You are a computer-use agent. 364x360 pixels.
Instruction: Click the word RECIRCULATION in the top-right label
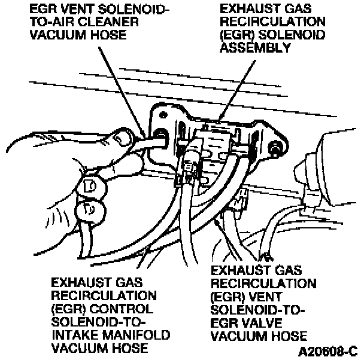[x=256, y=22]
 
